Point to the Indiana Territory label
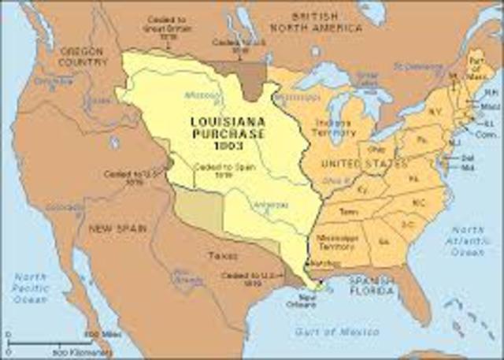[334, 128]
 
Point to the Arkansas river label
[269, 206]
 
